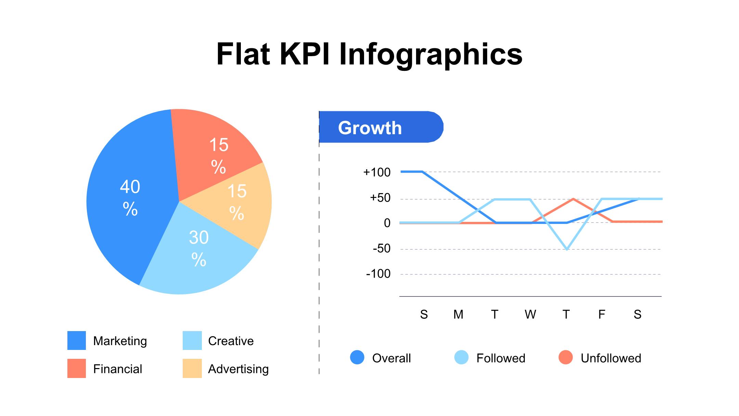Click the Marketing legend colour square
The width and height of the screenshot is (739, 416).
pyautogui.click(x=76, y=340)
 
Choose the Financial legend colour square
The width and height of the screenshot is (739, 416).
pyautogui.click(x=76, y=368)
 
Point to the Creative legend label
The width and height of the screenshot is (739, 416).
pyautogui.click(x=231, y=341)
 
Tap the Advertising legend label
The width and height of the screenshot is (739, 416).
pyautogui.click(x=238, y=369)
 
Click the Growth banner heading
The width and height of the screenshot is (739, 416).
pyautogui.click(x=370, y=128)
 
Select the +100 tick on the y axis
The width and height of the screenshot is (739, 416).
pyautogui.click(x=377, y=172)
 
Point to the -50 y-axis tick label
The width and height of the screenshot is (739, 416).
pyautogui.click(x=381, y=248)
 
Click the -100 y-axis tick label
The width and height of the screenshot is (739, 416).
pyautogui.click(x=378, y=274)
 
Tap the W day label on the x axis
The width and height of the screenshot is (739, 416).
pyautogui.click(x=530, y=314)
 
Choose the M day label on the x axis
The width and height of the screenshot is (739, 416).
pyautogui.click(x=458, y=314)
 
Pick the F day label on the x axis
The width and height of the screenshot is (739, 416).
pyautogui.click(x=601, y=314)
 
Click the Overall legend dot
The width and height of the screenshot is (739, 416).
pyautogui.click(x=357, y=357)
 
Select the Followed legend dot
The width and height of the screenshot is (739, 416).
pyautogui.click(x=461, y=357)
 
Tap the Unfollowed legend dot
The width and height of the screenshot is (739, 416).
pyautogui.click(x=566, y=357)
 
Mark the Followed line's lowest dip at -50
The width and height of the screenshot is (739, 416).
pyautogui.click(x=567, y=249)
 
